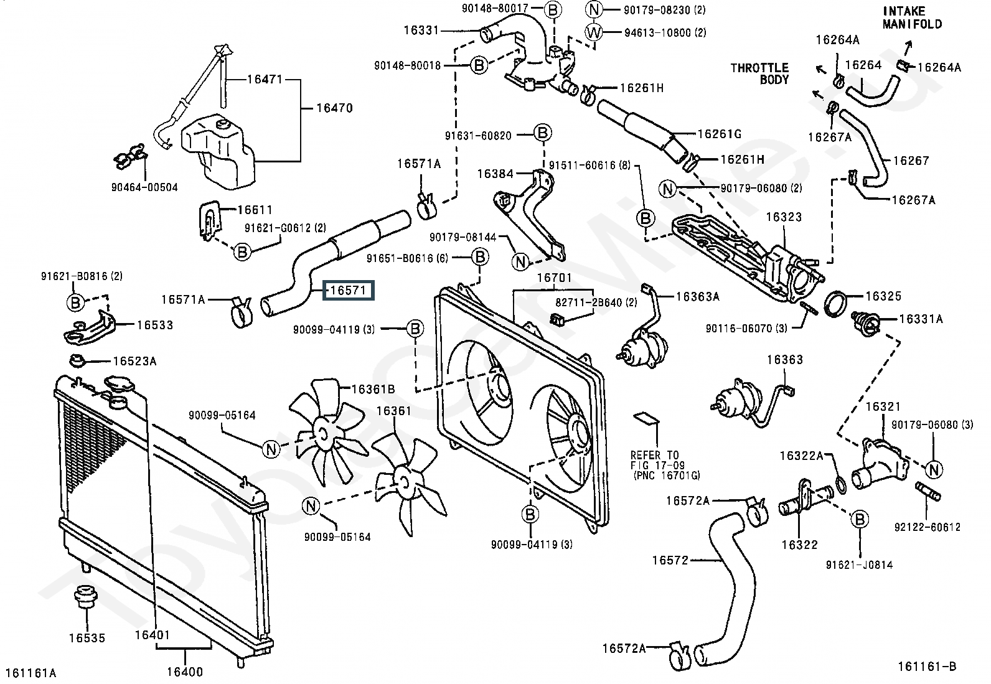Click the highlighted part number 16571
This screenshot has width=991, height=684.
point(348,291)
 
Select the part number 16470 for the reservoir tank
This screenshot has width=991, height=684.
point(334,108)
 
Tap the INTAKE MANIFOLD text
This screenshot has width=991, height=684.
point(912,18)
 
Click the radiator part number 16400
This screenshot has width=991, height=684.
point(184,672)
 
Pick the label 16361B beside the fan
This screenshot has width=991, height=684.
point(373,390)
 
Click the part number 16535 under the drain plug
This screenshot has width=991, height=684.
point(87,638)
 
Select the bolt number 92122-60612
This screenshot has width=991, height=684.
point(927,527)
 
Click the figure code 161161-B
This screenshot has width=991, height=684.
point(926,666)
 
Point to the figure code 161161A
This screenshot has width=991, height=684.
point(31,672)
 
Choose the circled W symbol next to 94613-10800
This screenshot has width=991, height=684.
point(594,32)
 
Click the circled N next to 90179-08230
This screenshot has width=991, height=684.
point(594,10)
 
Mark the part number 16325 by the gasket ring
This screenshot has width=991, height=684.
point(883,296)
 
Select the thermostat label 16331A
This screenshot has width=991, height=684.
point(921,319)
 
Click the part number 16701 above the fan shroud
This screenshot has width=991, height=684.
point(553,278)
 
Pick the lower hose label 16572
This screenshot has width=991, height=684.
point(670,560)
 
